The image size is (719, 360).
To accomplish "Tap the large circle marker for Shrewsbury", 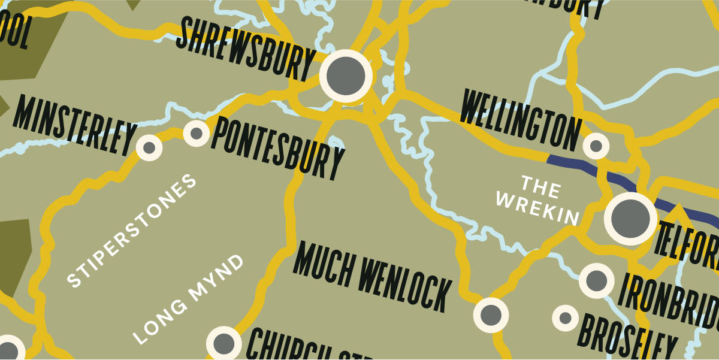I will point(346,76).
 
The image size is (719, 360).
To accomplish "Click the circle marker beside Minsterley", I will point(149,147).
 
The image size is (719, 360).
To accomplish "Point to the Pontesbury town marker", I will point(196,133).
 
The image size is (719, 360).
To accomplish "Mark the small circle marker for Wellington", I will point(596,146).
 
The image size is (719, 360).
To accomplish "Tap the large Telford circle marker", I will point(630,219).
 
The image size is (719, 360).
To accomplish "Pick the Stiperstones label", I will point(132,231).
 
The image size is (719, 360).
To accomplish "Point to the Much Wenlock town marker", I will point(491,314).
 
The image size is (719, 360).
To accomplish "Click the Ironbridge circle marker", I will point(597,280).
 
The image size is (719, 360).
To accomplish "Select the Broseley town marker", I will point(565,317).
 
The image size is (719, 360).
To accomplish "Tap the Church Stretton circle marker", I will point(223,343).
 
